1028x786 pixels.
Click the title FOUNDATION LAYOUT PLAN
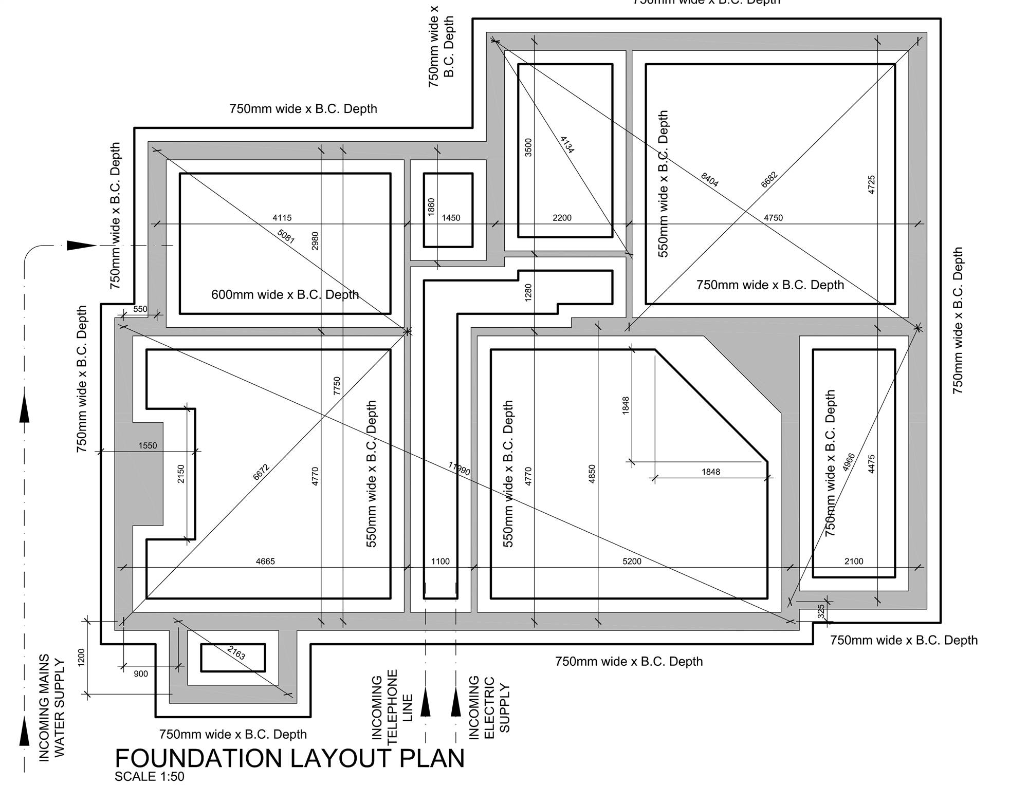click(x=289, y=759)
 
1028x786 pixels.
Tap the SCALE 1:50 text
click(x=149, y=777)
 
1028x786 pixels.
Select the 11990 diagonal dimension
click(x=459, y=469)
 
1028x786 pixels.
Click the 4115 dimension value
click(x=282, y=218)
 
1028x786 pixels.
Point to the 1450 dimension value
click(x=451, y=218)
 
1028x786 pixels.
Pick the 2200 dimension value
click(x=562, y=218)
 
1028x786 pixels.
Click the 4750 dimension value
click(x=773, y=218)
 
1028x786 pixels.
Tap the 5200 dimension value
click(x=632, y=562)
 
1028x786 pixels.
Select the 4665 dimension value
click(x=265, y=562)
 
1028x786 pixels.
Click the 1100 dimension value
click(x=440, y=562)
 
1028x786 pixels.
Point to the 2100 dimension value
click(x=854, y=562)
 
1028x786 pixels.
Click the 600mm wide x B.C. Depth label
click(x=285, y=295)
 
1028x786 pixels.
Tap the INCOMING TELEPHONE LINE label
click(x=392, y=706)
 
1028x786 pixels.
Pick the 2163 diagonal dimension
click(x=236, y=653)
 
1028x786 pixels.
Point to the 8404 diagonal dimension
click(x=709, y=180)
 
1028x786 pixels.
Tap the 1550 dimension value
click(x=148, y=446)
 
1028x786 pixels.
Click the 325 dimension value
click(x=821, y=611)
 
